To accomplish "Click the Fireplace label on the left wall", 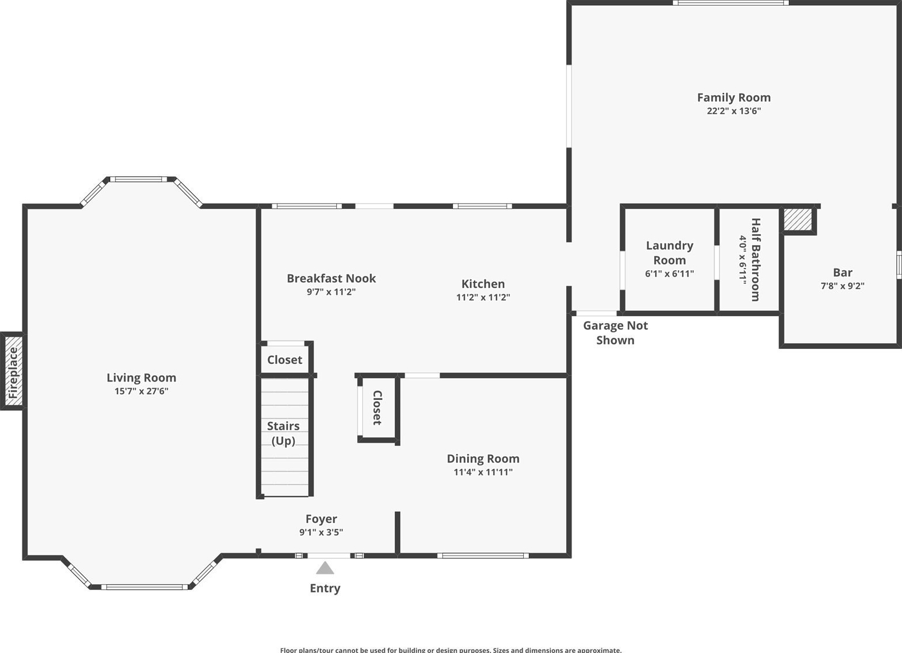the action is point(13,373).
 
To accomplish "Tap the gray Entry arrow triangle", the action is point(325,568).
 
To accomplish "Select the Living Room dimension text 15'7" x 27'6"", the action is point(141,391).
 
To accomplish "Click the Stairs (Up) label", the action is point(283,433).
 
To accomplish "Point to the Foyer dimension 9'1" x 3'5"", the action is point(321,532).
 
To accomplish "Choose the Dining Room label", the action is point(483,458).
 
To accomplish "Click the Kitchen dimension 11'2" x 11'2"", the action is point(483,297).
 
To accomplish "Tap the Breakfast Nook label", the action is point(332,278).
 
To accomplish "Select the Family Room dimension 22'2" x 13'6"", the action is point(734,111).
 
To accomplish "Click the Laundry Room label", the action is point(670,253).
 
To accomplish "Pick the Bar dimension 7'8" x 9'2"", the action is point(843,286).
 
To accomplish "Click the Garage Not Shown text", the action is point(615,333).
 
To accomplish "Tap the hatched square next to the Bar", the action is point(798,220).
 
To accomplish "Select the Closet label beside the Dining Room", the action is point(377,407).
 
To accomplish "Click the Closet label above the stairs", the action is point(285,360).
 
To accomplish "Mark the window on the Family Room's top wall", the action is point(730,3).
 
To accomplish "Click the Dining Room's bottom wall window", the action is point(483,555).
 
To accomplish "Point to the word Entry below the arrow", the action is point(325,588).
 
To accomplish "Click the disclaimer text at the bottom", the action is point(451,650).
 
